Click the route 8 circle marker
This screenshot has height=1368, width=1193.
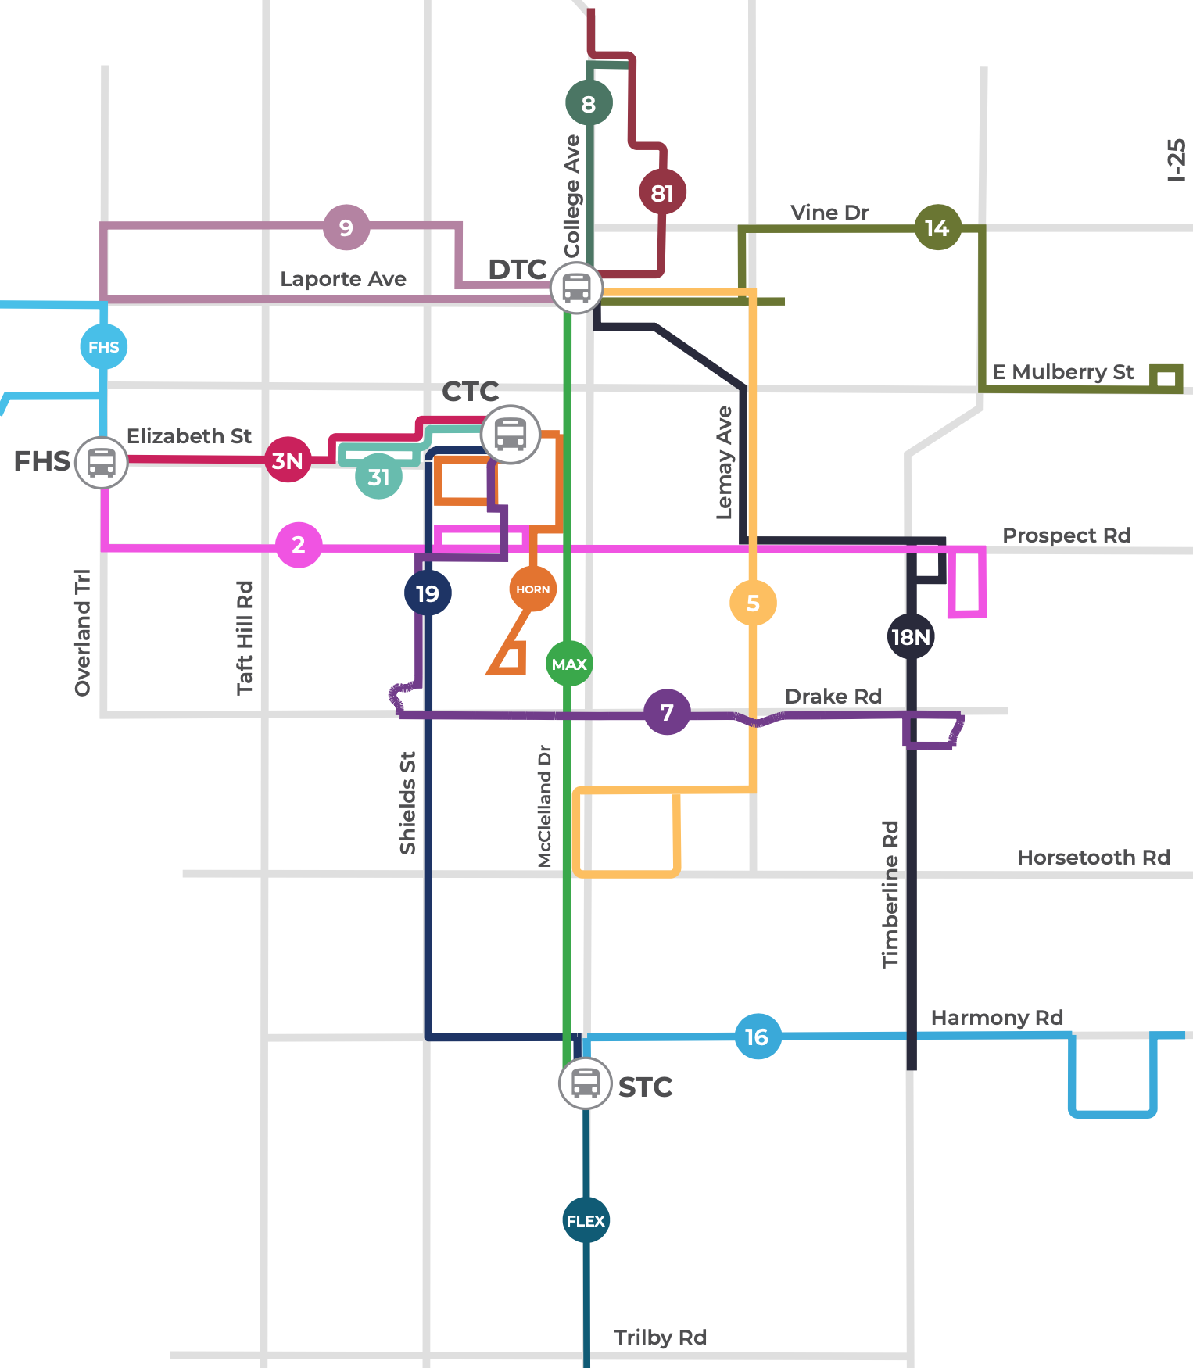(x=589, y=102)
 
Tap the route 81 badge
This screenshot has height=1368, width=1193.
(x=662, y=192)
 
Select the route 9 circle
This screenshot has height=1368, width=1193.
(x=346, y=227)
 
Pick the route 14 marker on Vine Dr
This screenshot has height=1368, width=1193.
(x=937, y=227)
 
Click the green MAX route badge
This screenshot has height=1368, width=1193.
(x=569, y=664)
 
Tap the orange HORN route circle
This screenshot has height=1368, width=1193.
(x=533, y=589)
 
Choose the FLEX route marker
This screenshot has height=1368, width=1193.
(x=586, y=1220)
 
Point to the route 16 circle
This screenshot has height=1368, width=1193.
(x=758, y=1037)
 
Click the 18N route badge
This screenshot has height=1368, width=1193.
(x=912, y=636)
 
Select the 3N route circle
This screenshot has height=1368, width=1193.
(x=288, y=460)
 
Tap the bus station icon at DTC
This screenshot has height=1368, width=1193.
(x=576, y=288)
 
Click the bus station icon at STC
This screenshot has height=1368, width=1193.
(x=585, y=1083)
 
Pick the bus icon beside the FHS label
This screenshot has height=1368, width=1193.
(x=102, y=463)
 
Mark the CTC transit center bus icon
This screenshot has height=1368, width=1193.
(x=511, y=434)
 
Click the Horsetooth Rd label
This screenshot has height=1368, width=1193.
(x=1093, y=858)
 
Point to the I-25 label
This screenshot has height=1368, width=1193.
(x=1176, y=160)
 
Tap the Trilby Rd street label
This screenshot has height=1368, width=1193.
(x=660, y=1338)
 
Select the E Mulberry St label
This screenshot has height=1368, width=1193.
(x=1062, y=372)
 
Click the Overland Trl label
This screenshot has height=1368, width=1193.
(x=83, y=632)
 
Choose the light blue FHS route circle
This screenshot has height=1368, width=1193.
(x=104, y=346)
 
